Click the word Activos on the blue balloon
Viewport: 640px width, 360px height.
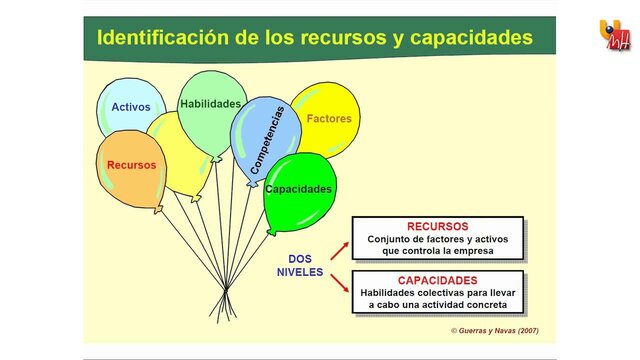(131, 107)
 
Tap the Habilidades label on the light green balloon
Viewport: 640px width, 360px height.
(210, 103)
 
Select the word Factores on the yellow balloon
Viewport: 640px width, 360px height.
(329, 118)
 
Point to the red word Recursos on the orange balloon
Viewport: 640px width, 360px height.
(131, 165)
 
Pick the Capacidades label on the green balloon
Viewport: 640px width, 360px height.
(299, 188)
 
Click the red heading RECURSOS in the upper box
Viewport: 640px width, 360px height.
(437, 226)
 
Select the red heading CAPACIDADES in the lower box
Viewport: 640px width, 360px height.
(437, 280)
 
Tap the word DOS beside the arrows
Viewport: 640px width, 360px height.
(300, 258)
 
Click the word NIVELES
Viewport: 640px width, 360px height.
(300, 272)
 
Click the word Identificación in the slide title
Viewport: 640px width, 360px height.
(165, 39)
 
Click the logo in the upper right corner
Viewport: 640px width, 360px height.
(615, 36)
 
